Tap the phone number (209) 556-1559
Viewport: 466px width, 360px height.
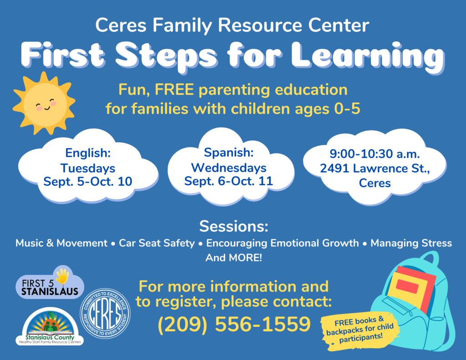point(234,324)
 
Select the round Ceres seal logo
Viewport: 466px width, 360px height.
point(105,314)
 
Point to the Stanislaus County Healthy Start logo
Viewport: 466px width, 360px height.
point(50,326)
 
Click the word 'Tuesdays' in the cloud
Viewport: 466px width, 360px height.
point(88,168)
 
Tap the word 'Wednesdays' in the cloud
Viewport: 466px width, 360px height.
point(228,167)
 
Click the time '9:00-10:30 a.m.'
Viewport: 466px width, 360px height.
point(375,154)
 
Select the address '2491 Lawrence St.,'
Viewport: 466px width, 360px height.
point(375,168)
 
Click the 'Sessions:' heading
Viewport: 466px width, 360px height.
point(233,226)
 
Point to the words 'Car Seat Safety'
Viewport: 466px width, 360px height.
point(157,243)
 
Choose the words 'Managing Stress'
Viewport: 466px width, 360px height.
point(411,243)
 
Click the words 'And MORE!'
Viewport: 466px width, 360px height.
point(233,258)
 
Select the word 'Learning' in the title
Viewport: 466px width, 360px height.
point(368,56)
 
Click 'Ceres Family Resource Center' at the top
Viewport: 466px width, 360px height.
point(232,25)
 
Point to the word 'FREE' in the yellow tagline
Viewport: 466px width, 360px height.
point(174,90)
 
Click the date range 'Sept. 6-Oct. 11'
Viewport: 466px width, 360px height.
point(228,181)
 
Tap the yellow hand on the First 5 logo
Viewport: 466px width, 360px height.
point(63,276)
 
